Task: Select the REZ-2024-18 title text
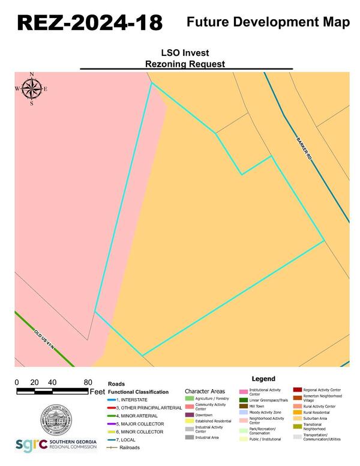pyautogui.click(x=89, y=22)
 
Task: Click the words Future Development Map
pyautogui.click(x=268, y=22)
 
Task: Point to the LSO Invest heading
pyautogui.click(x=185, y=53)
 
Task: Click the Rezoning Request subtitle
pyautogui.click(x=185, y=63)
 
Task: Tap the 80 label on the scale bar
pyautogui.click(x=88, y=383)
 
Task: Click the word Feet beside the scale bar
pyautogui.click(x=97, y=392)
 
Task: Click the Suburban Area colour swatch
pyautogui.click(x=297, y=419)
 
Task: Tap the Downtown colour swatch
pyautogui.click(x=189, y=414)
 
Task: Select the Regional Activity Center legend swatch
pyautogui.click(x=297, y=390)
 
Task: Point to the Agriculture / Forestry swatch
pyautogui.click(x=189, y=398)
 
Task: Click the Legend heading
pyautogui.click(x=263, y=379)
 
